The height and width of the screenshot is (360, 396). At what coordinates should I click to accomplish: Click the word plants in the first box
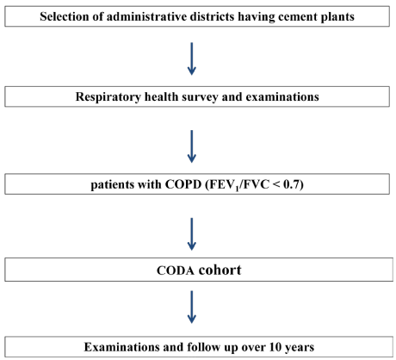tap(337, 17)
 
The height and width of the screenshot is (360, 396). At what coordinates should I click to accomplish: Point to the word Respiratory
tap(108, 97)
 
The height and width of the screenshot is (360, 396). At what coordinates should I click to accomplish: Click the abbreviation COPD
tap(183, 184)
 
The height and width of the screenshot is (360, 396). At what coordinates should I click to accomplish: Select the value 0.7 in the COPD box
tap(292, 184)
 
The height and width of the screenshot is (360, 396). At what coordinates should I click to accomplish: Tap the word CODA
tap(176, 270)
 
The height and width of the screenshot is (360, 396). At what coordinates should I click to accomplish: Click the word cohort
tap(220, 270)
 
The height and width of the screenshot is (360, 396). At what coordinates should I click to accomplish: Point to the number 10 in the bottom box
tap(275, 347)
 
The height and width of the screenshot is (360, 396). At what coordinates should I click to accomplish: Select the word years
tap(300, 348)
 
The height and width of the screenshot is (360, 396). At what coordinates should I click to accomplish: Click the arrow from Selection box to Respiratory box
tap(192, 59)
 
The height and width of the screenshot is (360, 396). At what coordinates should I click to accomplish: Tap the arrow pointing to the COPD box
tap(192, 146)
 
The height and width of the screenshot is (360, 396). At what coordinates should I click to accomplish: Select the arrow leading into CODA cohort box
tap(192, 234)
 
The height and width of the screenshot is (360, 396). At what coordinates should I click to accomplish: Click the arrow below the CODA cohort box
tap(192, 307)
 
